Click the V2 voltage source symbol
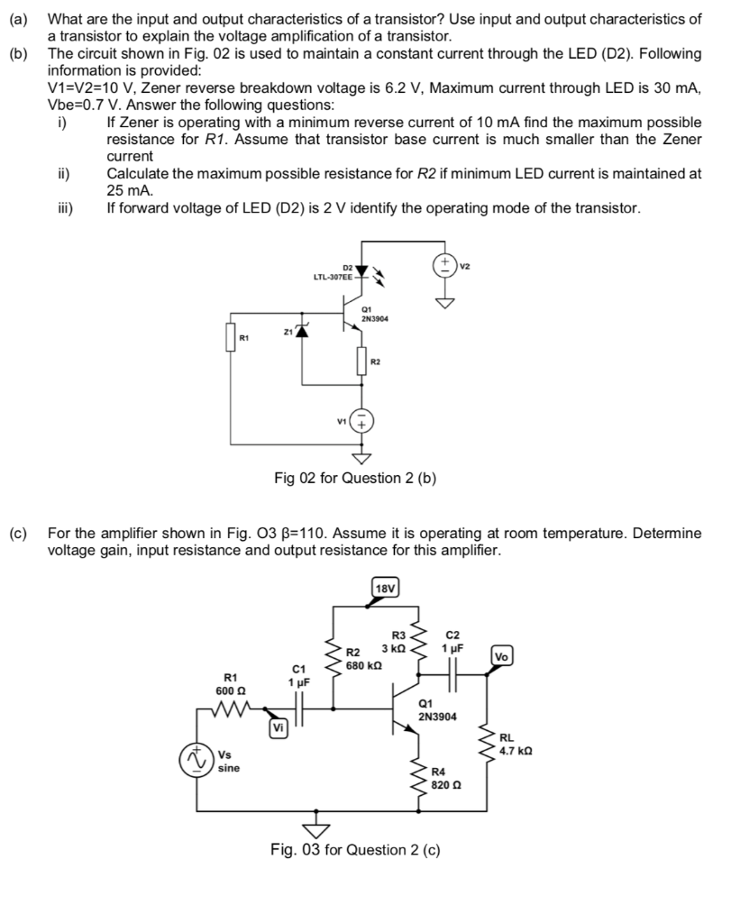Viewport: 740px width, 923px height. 445,265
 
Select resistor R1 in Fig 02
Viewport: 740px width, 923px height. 231,340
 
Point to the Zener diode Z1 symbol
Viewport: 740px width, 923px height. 303,332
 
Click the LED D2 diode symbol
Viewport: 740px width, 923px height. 361,270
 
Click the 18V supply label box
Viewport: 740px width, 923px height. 385,588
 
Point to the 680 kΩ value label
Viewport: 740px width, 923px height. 365,665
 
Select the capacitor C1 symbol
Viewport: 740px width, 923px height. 299,710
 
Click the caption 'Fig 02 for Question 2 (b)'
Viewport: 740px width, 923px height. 355,478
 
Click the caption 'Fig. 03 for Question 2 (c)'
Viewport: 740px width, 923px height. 355,849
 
